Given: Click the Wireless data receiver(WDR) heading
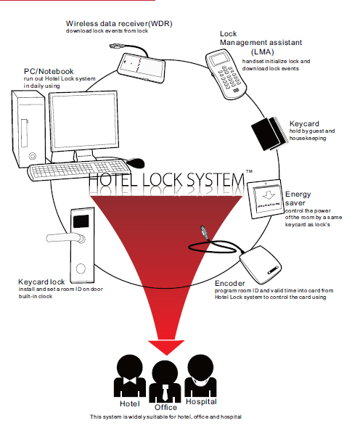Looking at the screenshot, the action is click(119, 24).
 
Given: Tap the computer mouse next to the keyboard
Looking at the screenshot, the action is click(135, 163).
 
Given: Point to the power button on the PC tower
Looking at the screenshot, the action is click(33, 156).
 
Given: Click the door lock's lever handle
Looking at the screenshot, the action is click(66, 237).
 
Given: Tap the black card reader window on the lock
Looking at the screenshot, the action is click(81, 221).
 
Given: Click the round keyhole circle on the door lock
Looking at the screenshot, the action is click(81, 268).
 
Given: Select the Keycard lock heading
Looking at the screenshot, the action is click(41, 282).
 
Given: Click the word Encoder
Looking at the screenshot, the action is click(230, 284).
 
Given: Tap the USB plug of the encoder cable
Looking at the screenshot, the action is click(205, 232).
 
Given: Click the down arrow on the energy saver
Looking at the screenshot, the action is click(269, 195).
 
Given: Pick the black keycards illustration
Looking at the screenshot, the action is click(269, 134).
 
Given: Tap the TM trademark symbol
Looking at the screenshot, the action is click(249, 171).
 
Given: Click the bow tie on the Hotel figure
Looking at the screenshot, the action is click(129, 381).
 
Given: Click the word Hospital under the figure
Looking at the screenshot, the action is click(201, 402).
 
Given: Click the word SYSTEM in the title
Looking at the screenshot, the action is click(215, 181).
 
